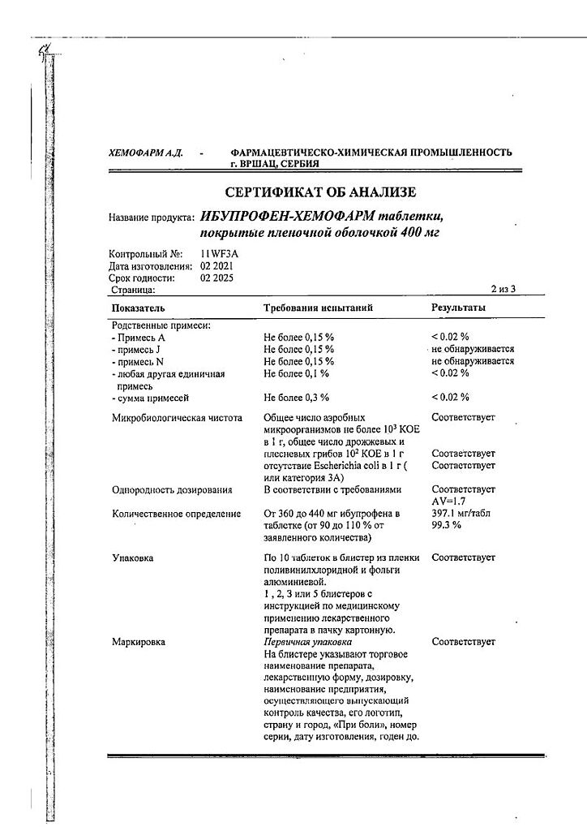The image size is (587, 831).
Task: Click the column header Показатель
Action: [x=139, y=308]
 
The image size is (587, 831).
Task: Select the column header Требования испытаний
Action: [x=318, y=308]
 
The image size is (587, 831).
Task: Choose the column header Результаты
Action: [x=459, y=308]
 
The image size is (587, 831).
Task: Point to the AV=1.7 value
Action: [x=448, y=502]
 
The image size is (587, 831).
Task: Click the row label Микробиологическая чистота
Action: [x=177, y=418]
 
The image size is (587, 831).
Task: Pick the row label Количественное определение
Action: [x=176, y=514]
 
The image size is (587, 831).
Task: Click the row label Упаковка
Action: [x=132, y=558]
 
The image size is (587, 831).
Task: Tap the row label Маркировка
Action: [x=138, y=642]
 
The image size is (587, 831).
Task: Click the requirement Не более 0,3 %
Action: [x=297, y=397]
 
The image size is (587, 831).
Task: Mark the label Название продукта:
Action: [x=151, y=217]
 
